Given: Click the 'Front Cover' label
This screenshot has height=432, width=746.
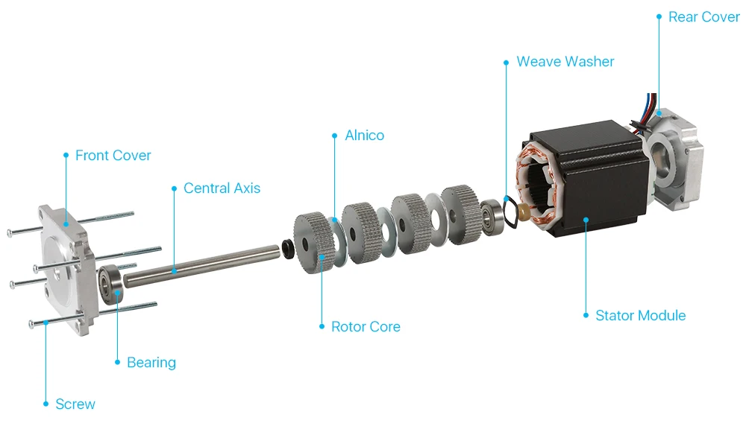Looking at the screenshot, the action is click(113, 156).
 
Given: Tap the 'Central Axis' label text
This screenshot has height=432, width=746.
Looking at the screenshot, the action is click(222, 188).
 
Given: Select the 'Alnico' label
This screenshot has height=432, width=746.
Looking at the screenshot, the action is click(364, 136).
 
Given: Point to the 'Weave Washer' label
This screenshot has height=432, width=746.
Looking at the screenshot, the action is click(565, 62).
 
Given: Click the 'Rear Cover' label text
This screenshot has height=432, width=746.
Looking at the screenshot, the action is click(703, 17).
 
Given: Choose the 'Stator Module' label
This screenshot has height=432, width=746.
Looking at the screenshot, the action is click(640, 316).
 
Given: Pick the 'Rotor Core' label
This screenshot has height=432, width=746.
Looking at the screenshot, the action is click(366, 327).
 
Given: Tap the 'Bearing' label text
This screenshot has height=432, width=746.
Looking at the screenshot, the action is click(151, 363).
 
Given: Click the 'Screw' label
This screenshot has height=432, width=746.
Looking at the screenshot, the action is click(75, 404).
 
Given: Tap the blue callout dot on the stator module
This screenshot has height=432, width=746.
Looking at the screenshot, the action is click(586, 219).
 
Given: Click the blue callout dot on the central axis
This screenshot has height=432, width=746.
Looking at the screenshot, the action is click(174, 270).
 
